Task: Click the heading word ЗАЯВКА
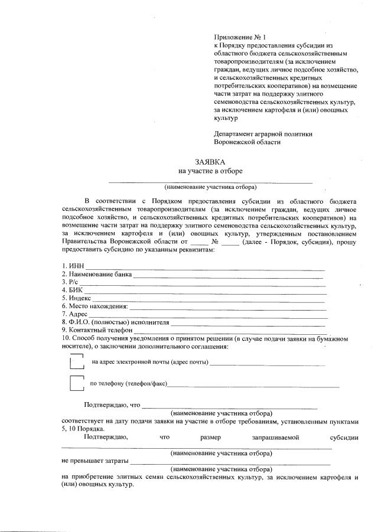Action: coord(210,161)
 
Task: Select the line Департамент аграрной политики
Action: coord(263,133)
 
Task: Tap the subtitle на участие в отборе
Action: coord(210,171)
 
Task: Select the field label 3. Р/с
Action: coord(70,283)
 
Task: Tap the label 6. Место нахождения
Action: coord(94,306)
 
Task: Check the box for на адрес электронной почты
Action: coord(76,361)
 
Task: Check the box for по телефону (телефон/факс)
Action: coord(76,384)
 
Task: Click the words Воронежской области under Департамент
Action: coord(247,142)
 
